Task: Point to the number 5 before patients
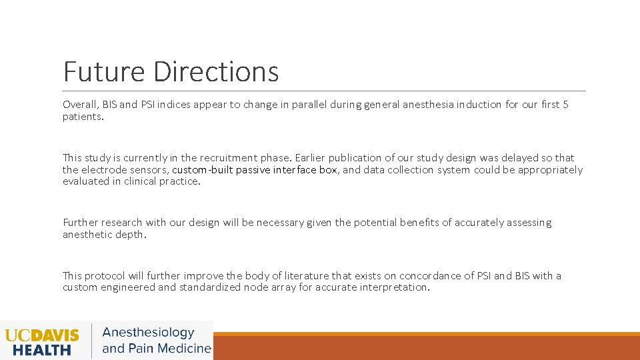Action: [565, 105]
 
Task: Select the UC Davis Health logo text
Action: [42, 341]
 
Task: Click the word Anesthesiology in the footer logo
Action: [148, 333]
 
